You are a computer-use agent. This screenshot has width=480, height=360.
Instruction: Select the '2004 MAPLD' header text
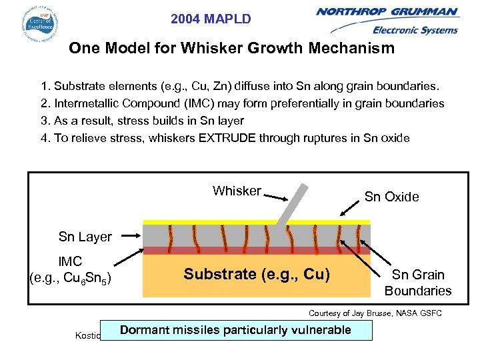[x=211, y=19]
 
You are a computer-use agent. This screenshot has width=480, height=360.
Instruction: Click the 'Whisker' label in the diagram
[x=237, y=191]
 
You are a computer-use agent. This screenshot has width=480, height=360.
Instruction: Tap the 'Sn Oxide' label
[x=391, y=197]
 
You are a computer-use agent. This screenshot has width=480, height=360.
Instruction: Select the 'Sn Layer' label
[x=85, y=237]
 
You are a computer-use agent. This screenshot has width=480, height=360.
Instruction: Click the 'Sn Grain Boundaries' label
[x=417, y=283]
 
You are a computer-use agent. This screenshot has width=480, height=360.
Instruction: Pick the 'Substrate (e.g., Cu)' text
[x=257, y=274]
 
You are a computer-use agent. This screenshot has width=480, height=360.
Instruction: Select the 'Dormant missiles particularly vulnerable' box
[x=237, y=330]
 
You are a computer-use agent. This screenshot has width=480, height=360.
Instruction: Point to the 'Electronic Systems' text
[x=415, y=30]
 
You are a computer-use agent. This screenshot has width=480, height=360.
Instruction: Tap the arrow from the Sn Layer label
[x=127, y=235]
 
